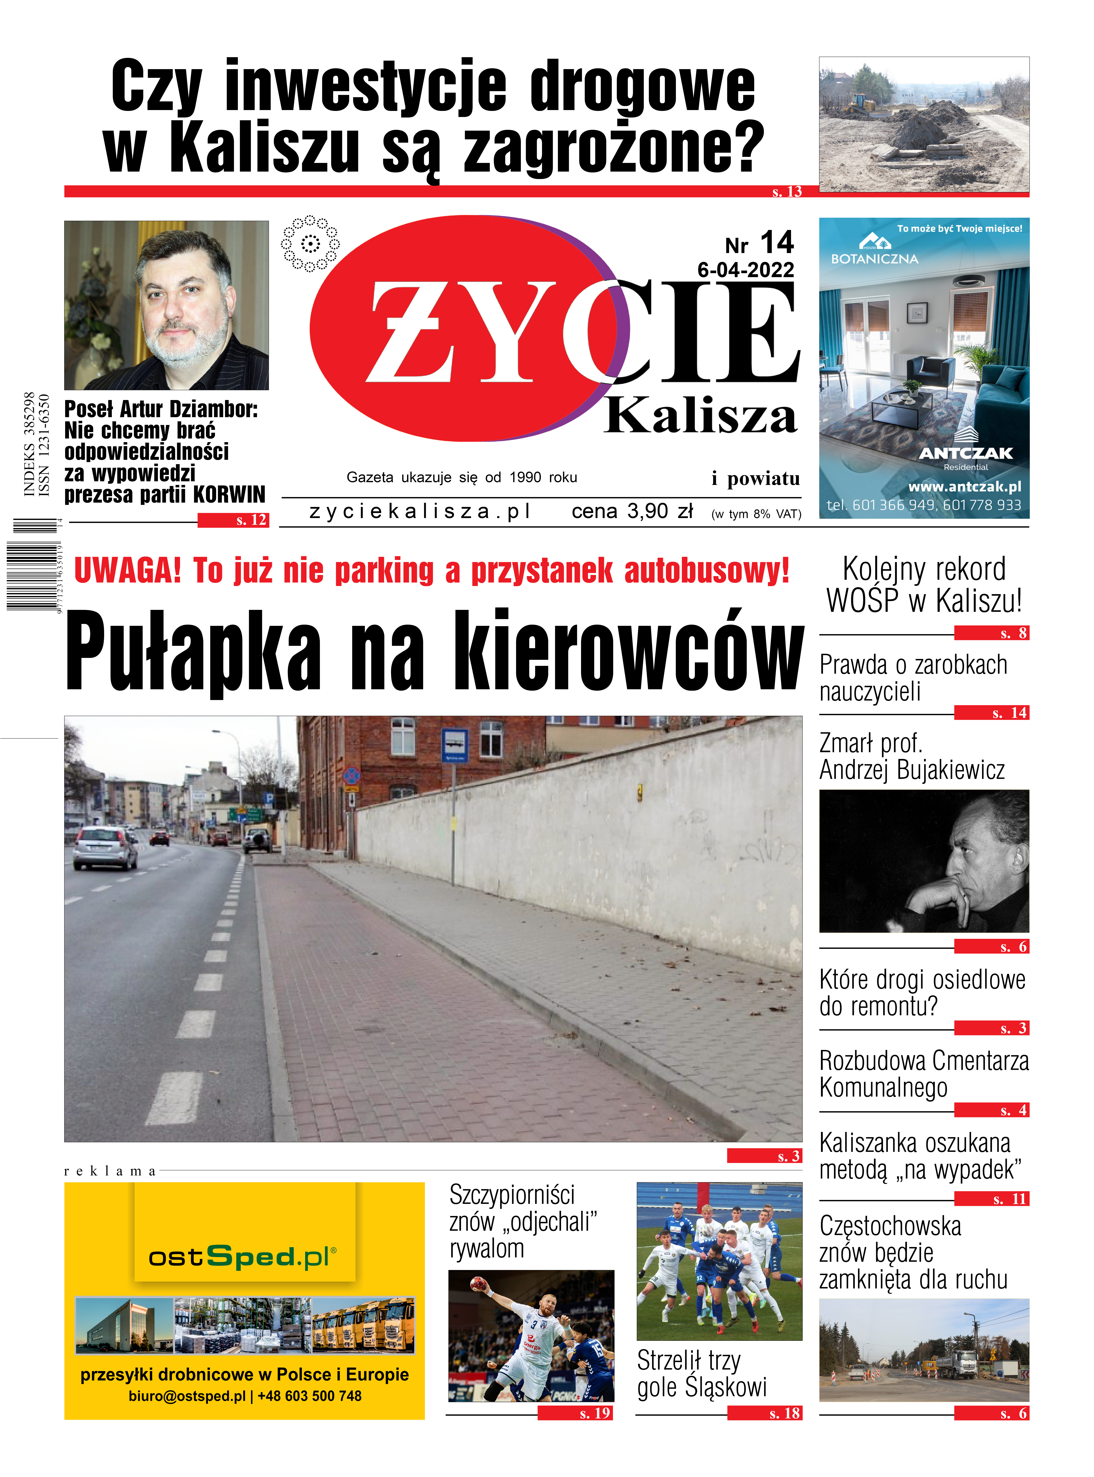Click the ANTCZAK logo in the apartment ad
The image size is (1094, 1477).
pos(965,453)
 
